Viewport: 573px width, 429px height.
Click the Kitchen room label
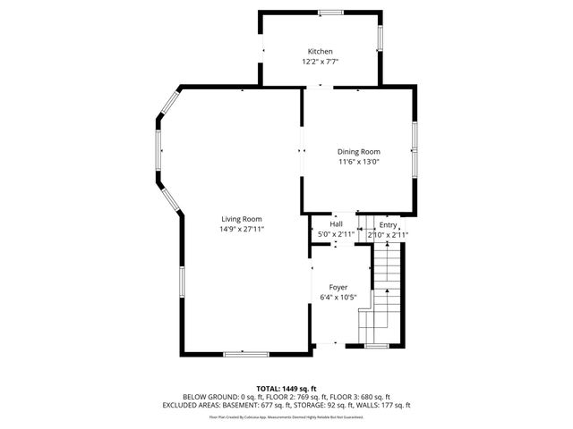(320, 52)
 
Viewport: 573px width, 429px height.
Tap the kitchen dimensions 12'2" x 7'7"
(320, 63)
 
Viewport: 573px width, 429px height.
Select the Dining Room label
(358, 152)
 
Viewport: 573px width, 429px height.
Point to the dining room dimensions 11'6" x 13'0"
(358, 163)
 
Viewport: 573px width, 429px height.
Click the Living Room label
(242, 219)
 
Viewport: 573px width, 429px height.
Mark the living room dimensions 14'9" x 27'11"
(242, 230)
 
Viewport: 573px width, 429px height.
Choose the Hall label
(336, 224)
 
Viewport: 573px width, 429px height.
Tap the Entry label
(388, 224)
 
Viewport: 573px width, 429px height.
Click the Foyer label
(338, 287)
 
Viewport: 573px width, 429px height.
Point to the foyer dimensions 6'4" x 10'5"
(338, 298)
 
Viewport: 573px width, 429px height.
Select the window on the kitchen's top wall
(330, 13)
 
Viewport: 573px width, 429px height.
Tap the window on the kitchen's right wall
(380, 38)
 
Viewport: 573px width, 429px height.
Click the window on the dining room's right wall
(415, 147)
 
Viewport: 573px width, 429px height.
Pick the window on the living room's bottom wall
(246, 354)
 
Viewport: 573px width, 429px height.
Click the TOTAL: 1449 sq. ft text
(286, 388)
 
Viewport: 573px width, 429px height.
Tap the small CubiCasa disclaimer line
(286, 416)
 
